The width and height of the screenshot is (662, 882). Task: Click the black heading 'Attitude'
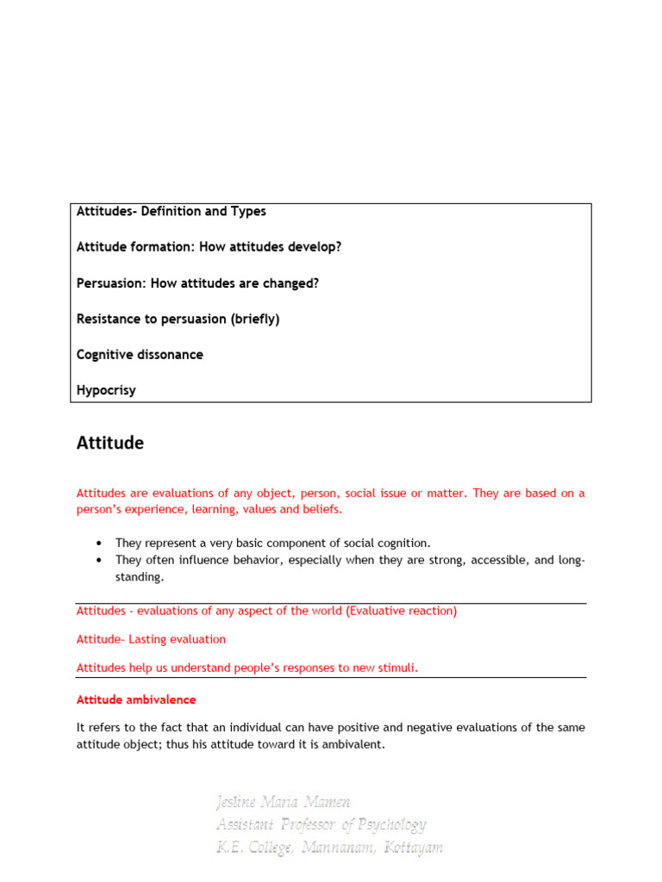110,444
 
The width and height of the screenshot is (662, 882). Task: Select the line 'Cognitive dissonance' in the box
140,355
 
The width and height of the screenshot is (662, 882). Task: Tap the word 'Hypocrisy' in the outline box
106,390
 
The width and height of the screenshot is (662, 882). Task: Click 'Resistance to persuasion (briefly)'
178,319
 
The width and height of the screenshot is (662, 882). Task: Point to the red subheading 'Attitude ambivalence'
136,699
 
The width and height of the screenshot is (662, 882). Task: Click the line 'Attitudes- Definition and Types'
171,211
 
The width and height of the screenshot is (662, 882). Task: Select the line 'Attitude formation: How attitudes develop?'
209,247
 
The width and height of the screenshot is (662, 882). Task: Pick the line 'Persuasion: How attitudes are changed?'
197,283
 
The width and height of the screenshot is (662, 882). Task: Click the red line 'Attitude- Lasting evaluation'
151,639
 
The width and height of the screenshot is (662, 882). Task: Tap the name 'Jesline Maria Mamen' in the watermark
284,803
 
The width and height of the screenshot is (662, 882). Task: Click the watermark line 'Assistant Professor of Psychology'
321,825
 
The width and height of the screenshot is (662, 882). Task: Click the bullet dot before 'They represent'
100,543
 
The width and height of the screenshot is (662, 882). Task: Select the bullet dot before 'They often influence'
100,561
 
